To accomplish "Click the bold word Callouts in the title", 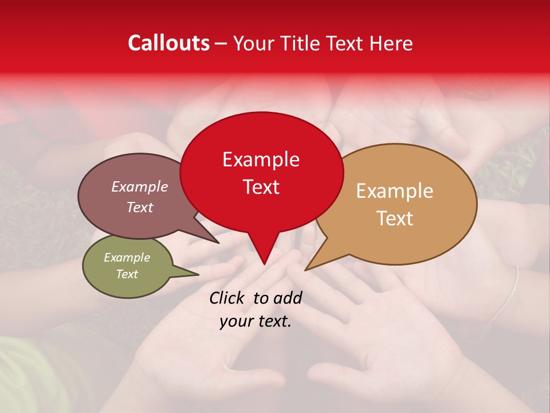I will [168, 43].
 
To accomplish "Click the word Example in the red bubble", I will [261, 159].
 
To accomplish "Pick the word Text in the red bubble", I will [261, 187].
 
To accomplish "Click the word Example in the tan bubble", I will [395, 191].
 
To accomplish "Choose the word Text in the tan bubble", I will [395, 219].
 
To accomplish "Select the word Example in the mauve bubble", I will [139, 187].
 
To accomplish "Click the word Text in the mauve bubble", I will [139, 208].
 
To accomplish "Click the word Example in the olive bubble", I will [127, 258].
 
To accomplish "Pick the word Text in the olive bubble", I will [127, 274].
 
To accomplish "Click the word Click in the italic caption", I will [228, 298].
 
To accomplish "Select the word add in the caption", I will [288, 298].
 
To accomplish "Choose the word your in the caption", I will [236, 322].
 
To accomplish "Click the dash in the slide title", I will [222, 44].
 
